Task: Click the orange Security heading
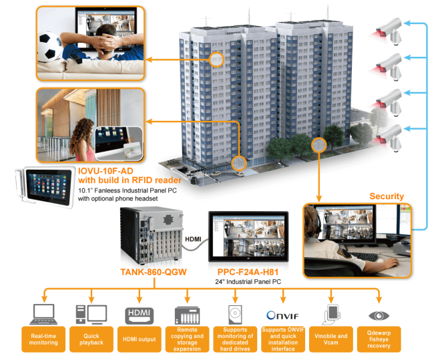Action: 386,196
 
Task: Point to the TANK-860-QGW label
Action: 154,272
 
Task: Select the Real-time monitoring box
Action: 44,339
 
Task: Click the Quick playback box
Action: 91,339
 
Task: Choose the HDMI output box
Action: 139,339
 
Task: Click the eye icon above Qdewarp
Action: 379,314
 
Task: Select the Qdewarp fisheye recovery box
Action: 379,339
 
